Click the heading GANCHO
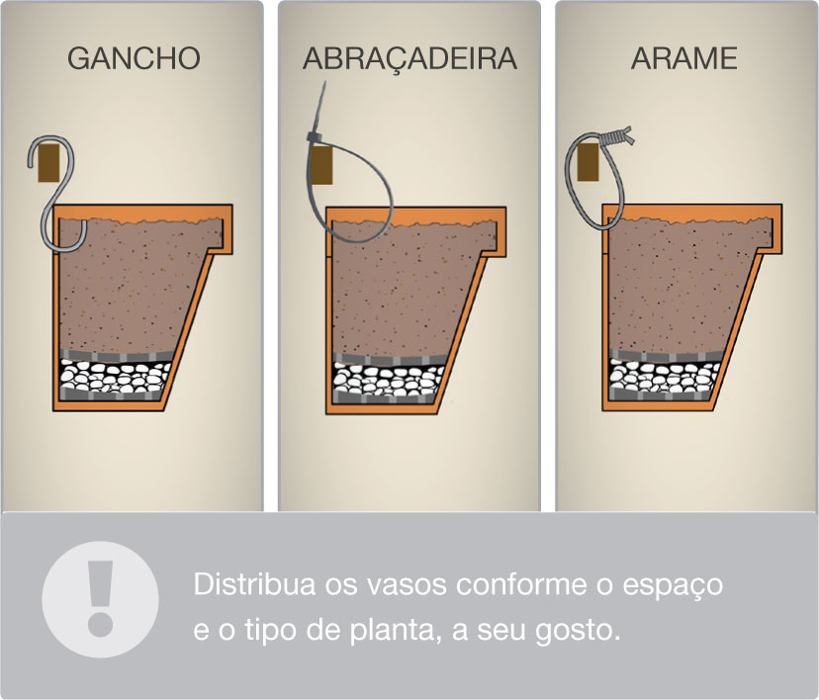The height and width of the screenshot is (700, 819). (x=134, y=58)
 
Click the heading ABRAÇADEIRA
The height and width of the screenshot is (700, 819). (x=409, y=58)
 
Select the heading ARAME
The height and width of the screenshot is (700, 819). (x=684, y=58)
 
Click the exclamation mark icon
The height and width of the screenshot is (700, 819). (x=100, y=599)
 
